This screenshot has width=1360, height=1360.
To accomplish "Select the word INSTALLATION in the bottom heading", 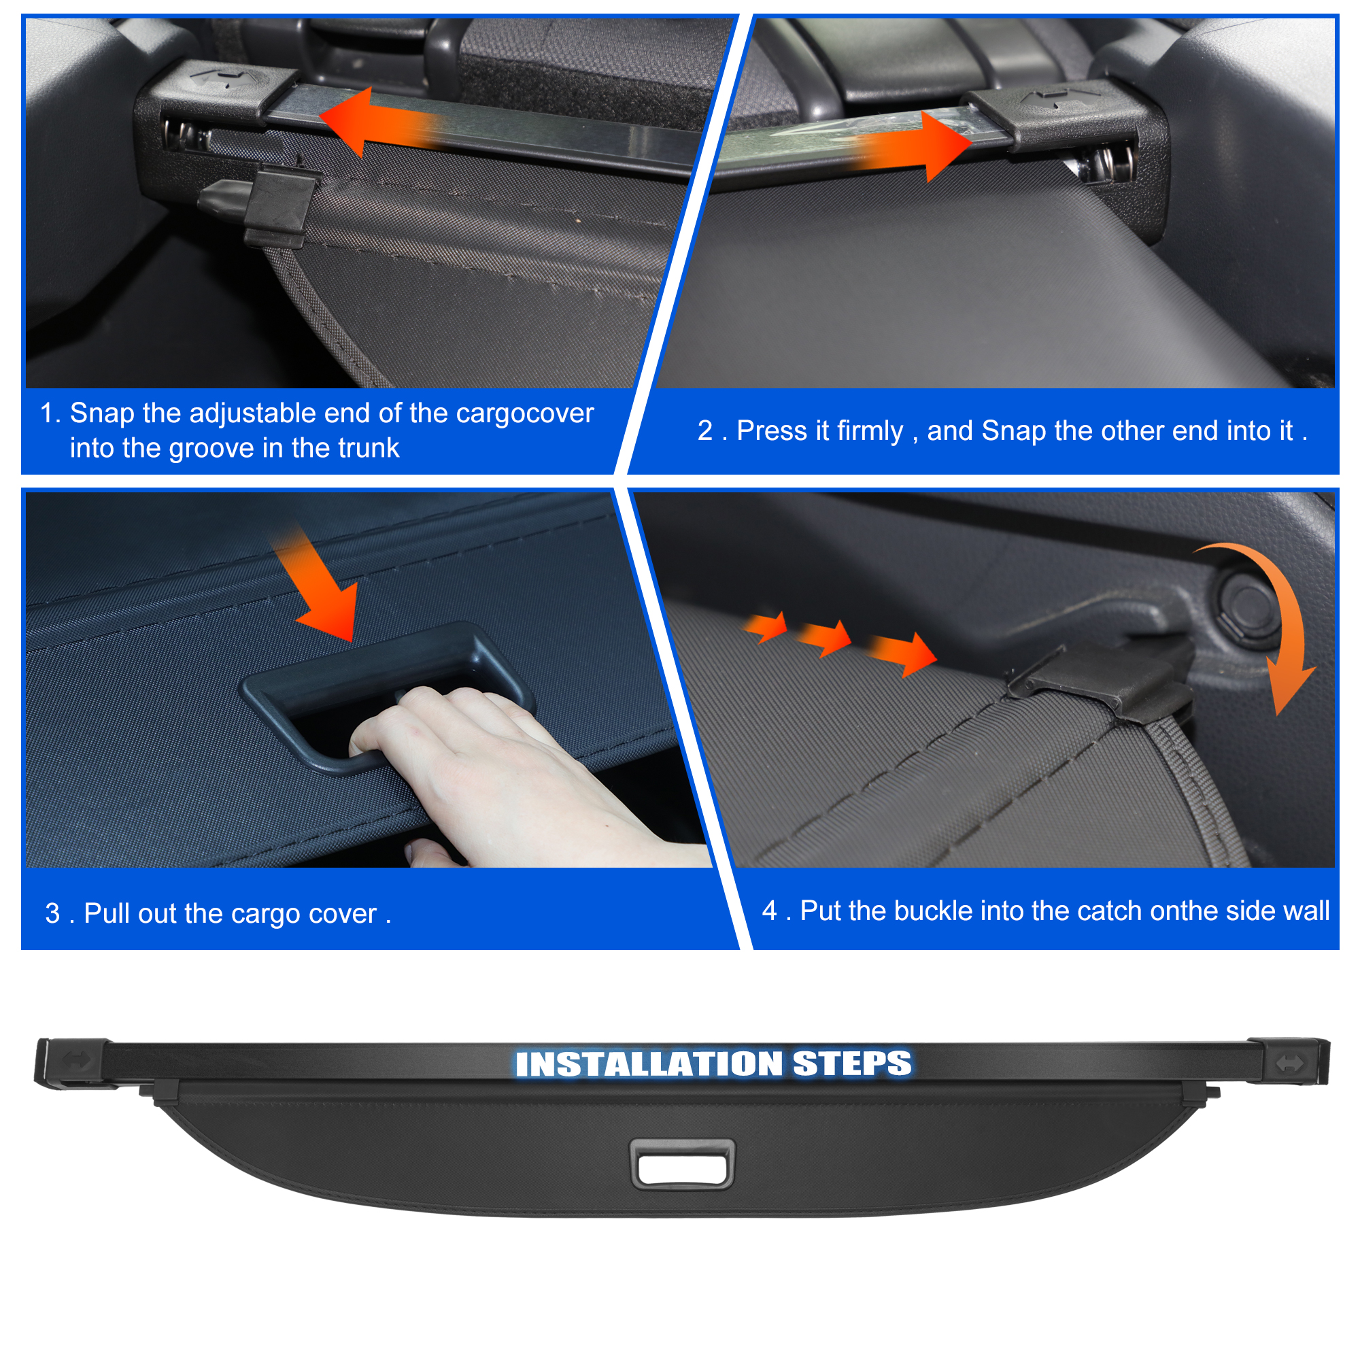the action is coord(648,1064).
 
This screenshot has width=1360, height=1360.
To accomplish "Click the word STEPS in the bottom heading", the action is coord(852,1063).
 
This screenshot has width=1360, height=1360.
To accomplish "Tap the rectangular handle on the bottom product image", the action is coord(682,1164).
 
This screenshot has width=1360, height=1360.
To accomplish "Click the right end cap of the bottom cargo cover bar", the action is coord(1288,1061).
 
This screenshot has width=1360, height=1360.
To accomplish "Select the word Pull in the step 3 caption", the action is coord(105,913).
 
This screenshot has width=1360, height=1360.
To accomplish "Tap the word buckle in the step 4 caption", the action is coord(933,911).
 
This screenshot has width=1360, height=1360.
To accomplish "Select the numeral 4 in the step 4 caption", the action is coord(769,911).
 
